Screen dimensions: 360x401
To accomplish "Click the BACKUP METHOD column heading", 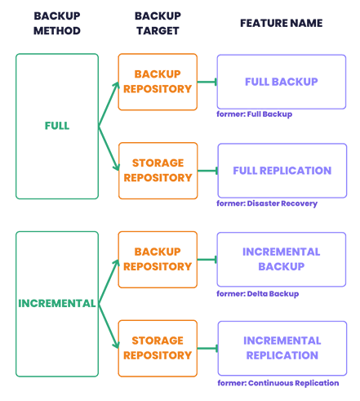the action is tap(57, 24).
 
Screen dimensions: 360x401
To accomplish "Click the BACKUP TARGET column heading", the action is tap(158, 24).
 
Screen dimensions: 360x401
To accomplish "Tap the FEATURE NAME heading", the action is tap(282, 23).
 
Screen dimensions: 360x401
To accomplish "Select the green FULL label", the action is tap(57, 126).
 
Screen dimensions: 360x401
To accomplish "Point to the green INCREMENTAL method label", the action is tap(57, 303).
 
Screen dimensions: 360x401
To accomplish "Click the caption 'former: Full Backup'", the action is tap(254, 114).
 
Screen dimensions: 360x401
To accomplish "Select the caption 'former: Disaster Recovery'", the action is tap(267, 203).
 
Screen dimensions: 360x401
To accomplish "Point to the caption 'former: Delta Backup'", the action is tap(257, 294).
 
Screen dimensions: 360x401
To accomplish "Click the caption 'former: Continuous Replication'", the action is tap(278, 383).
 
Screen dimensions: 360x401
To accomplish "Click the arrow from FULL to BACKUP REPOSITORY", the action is tap(109, 104).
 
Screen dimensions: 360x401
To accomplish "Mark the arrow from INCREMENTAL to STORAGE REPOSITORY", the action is tap(109, 326).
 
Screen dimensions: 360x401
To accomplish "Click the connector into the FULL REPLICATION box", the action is tap(207, 171).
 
